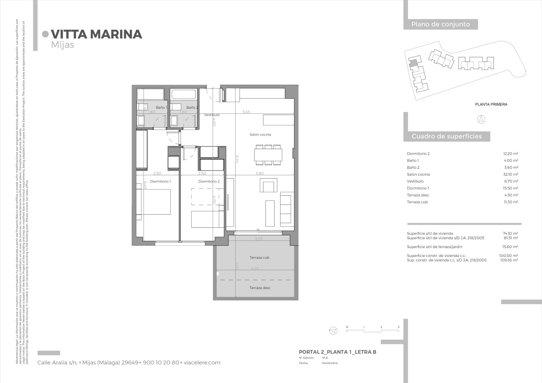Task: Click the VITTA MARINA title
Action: pyautogui.click(x=96, y=34)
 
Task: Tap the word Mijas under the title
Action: pyautogui.click(x=62, y=45)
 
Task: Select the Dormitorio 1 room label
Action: pyautogui.click(x=160, y=182)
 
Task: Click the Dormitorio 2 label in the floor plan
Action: pyautogui.click(x=209, y=182)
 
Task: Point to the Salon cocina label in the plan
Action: pyautogui.click(x=260, y=135)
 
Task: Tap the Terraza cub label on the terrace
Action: pyautogui.click(x=259, y=258)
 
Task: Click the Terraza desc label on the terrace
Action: pyautogui.click(x=260, y=288)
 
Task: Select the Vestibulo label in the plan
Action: pyautogui.click(x=212, y=115)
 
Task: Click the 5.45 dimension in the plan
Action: pyautogui.click(x=246, y=112)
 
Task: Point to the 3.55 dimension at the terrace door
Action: pyautogui.click(x=258, y=239)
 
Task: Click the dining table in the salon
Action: pyautogui.click(x=268, y=155)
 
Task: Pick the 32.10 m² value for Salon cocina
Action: pyautogui.click(x=510, y=174)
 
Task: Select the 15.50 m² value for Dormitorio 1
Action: pyautogui.click(x=510, y=188)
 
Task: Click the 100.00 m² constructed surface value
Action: pyautogui.click(x=510, y=256)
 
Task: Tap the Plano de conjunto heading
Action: pyautogui.click(x=440, y=24)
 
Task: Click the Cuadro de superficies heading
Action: pyautogui.click(x=446, y=136)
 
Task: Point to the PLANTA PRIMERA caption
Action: pyautogui.click(x=491, y=105)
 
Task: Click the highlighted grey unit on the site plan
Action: pyautogui.click(x=413, y=63)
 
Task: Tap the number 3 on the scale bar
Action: pyautogui.click(x=398, y=327)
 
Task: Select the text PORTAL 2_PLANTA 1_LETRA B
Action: pyautogui.click(x=337, y=352)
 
